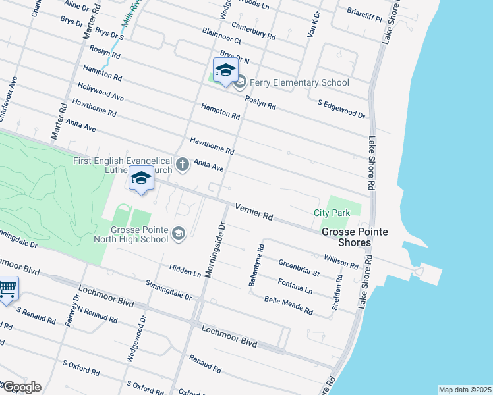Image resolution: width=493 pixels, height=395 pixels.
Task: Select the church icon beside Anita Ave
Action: click(x=183, y=164)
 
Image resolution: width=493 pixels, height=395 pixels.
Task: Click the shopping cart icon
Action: click(x=7, y=288)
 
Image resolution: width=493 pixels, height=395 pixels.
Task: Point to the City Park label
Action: click(x=331, y=213)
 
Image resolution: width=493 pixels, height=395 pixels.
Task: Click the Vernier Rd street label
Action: click(x=253, y=211)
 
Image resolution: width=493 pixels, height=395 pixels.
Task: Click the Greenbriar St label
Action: click(x=299, y=268)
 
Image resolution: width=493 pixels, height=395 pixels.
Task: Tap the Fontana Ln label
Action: click(x=295, y=286)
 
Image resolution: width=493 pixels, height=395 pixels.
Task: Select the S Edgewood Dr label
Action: click(x=341, y=109)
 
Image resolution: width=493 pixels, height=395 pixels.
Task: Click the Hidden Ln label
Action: click(x=185, y=271)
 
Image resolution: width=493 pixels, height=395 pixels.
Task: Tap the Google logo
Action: click(x=21, y=387)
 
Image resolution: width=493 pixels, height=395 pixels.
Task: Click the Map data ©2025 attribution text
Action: click(x=465, y=390)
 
